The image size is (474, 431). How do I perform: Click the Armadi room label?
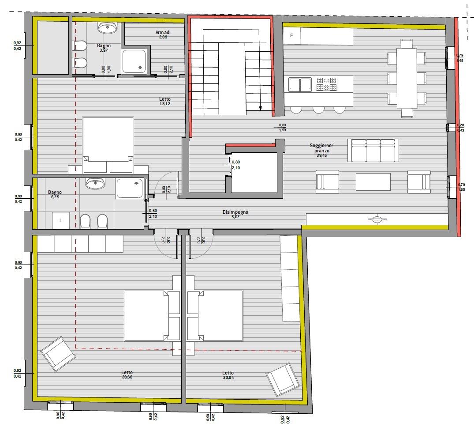click(163, 32)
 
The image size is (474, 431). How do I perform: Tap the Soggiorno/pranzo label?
click(321, 148)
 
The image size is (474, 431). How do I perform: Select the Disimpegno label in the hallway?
click(235, 212)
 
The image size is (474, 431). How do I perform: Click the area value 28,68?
click(127, 377)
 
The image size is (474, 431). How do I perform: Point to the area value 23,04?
click(228, 378)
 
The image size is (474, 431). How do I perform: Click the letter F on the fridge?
click(291, 35)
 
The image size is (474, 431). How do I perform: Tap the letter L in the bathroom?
click(61, 221)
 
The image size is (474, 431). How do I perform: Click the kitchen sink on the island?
click(300, 84)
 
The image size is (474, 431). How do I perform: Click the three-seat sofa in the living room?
click(373, 151)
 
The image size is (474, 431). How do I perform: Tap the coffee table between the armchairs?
click(373, 181)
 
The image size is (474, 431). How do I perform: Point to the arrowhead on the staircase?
click(261, 108)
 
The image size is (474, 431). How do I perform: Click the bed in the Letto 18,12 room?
click(108, 145)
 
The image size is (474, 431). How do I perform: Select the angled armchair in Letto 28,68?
click(58, 354)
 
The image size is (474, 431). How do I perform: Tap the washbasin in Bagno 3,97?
click(107, 27)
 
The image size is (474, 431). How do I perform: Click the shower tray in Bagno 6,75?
click(130, 188)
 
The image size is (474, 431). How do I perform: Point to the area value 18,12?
click(165, 103)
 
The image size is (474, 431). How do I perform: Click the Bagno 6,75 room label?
click(55, 194)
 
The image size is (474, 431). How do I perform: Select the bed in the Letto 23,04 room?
click(215, 316)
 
